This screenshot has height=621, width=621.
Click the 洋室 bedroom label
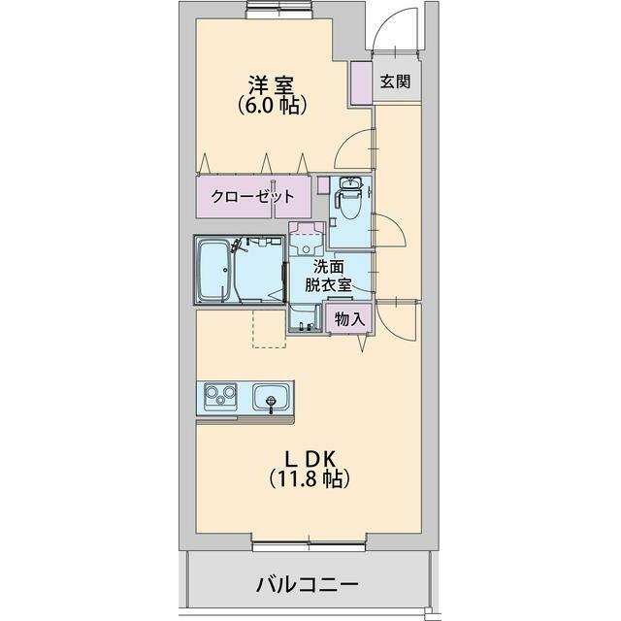coord(273,84)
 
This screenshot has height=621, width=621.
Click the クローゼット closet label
coord(254,195)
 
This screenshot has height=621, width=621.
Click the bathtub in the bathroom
coord(214,270)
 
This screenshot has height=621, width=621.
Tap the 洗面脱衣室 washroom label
coord(328,276)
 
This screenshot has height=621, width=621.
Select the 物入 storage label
coord(349,318)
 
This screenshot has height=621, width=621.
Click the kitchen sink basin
coord(271,398)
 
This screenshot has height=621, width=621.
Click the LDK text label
coord(310,457)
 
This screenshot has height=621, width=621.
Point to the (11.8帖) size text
coord(310,478)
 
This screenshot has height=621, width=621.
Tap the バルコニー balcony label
coord(308,585)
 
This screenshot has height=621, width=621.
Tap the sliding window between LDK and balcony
coord(309,542)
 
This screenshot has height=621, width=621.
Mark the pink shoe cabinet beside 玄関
coord(361,81)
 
